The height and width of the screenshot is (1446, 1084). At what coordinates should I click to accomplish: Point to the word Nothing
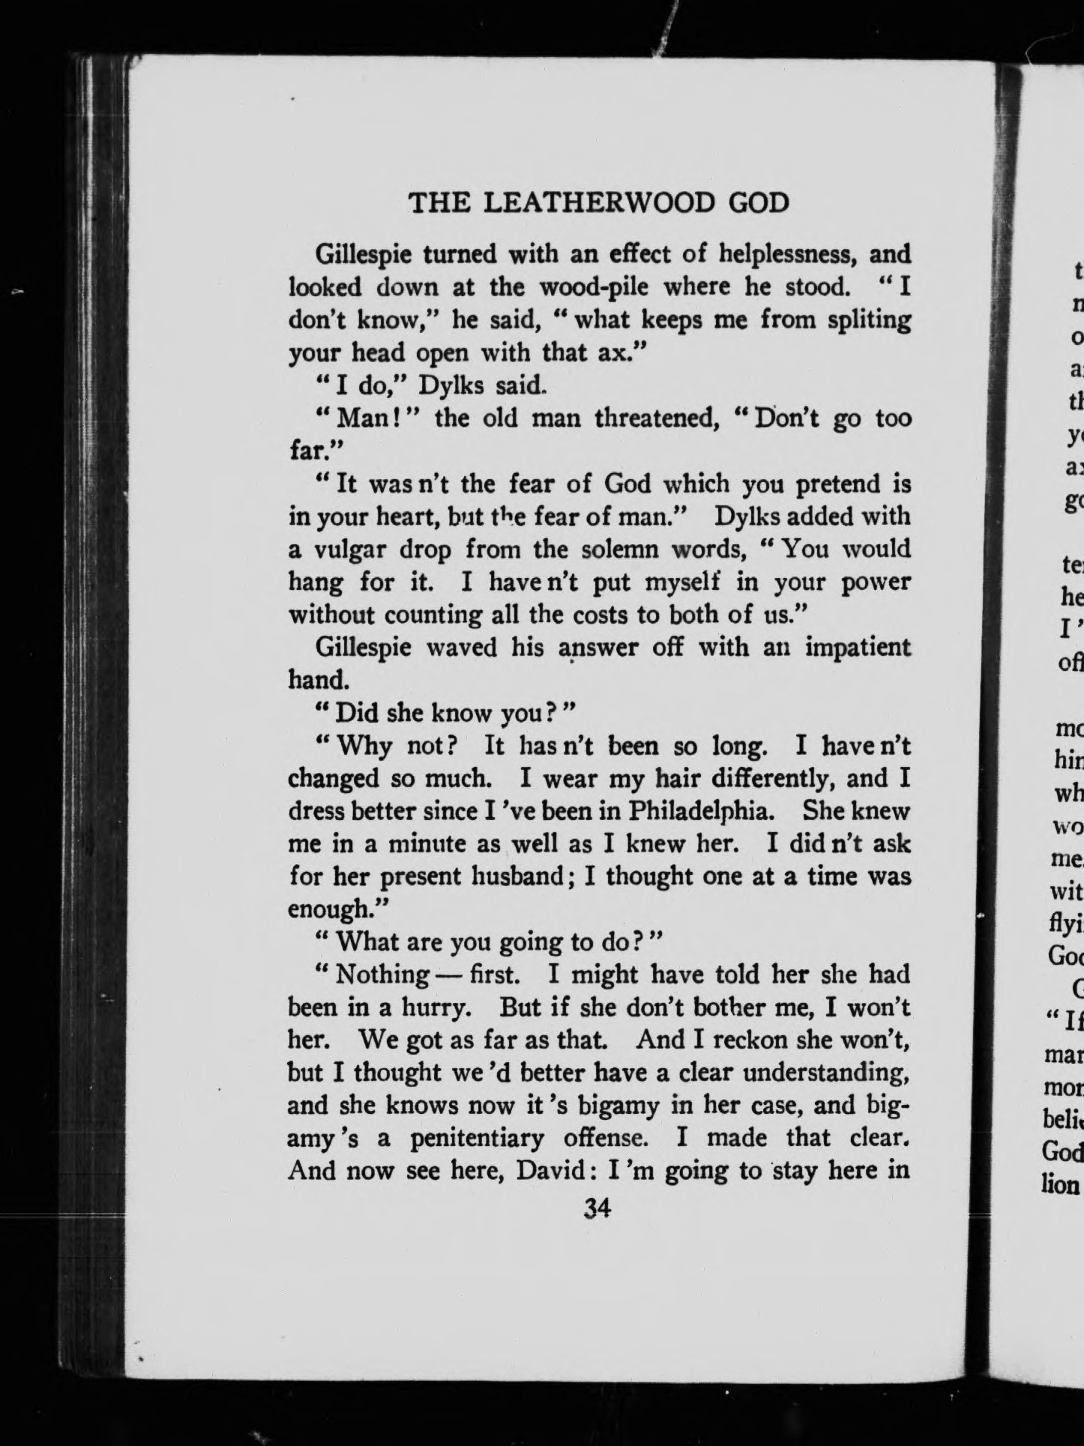[382, 975]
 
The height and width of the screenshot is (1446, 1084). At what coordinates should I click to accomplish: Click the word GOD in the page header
[759, 203]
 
